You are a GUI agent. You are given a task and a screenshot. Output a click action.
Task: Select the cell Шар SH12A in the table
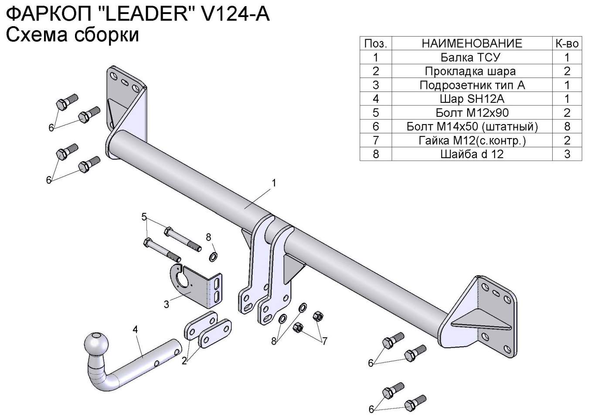click(472, 99)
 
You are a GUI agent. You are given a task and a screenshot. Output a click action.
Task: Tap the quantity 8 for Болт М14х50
click(567, 126)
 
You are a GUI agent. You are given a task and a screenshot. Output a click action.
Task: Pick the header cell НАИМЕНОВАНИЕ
click(472, 43)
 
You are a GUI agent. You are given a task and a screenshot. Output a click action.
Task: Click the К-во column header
click(567, 43)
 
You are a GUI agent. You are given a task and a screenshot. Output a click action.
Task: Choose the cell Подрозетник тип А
click(472, 85)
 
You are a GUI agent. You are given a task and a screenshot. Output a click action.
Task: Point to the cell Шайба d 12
click(472, 154)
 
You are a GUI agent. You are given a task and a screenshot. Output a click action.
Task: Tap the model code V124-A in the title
click(234, 14)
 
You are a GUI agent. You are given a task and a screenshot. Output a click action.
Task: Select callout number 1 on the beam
click(274, 183)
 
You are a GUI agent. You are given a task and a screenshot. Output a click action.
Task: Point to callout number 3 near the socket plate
click(166, 304)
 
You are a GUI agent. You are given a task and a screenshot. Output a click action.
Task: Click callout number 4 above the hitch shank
click(136, 330)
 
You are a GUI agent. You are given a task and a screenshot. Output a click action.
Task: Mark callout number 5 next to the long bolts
click(144, 217)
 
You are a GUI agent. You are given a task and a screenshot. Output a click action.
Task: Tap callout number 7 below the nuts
click(324, 341)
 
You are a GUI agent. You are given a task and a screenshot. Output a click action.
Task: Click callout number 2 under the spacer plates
click(184, 361)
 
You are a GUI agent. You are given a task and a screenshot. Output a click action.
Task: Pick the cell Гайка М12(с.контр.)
click(472, 140)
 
